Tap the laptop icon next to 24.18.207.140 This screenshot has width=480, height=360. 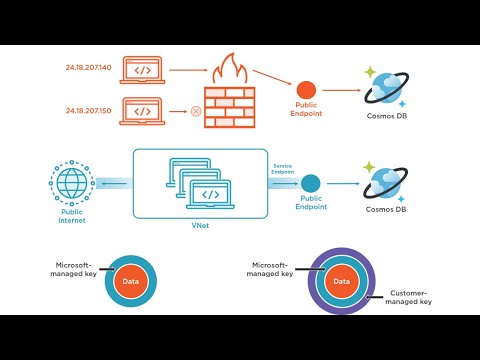143,70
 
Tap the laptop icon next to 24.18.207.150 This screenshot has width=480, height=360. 143,110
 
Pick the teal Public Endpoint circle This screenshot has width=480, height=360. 311,184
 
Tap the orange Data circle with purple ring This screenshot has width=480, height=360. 341,282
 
